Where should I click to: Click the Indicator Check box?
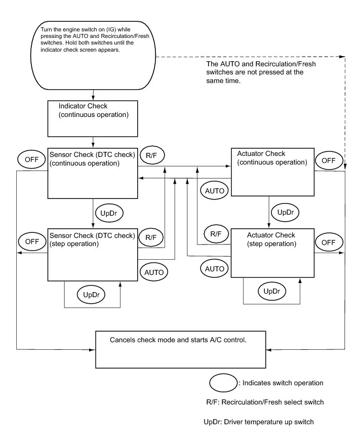click(x=93, y=118)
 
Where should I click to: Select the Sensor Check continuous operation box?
click(x=93, y=173)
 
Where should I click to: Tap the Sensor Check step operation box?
click(x=93, y=254)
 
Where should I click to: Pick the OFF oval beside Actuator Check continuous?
click(x=329, y=160)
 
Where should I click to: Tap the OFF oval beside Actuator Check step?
click(x=329, y=241)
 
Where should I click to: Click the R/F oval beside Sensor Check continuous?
click(x=151, y=156)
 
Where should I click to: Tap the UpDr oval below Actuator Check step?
click(x=272, y=291)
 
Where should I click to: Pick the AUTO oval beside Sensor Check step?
click(x=154, y=272)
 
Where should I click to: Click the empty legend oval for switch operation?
click(x=223, y=383)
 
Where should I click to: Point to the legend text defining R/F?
click(x=261, y=402)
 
